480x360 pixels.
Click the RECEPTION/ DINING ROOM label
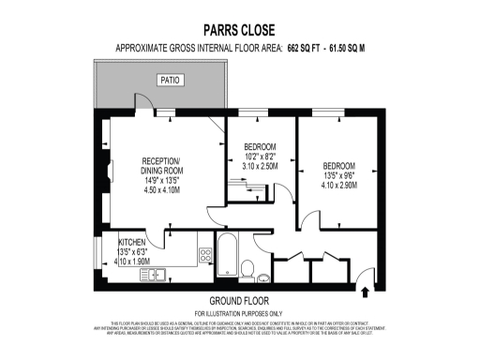(x=161, y=165)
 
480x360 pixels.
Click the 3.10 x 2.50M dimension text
(x=260, y=166)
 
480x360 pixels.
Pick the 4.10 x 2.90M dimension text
(x=338, y=185)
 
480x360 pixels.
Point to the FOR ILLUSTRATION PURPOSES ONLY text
(x=238, y=311)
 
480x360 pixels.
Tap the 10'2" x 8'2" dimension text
(x=260, y=157)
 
